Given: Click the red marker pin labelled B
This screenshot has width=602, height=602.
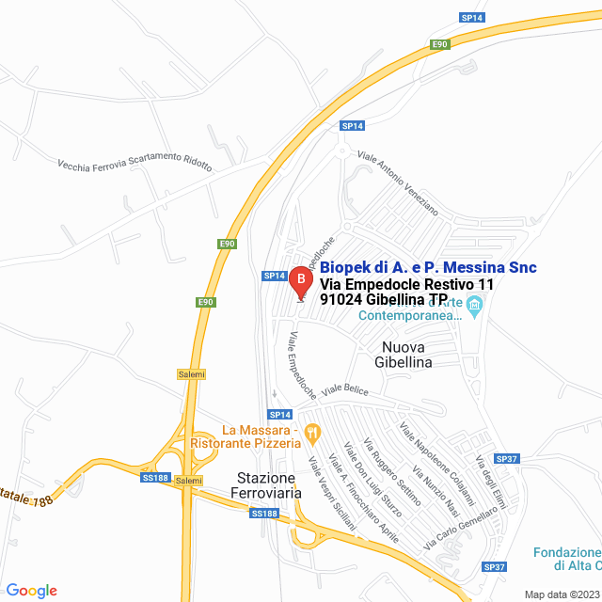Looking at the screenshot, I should (x=300, y=280).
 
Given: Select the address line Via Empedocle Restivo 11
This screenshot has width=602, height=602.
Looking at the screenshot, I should (x=406, y=284).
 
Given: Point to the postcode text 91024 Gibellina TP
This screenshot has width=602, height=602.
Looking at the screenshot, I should (x=384, y=300).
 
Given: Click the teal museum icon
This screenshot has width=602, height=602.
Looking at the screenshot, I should (x=475, y=305).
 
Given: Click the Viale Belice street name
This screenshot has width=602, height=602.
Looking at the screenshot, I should (x=345, y=388).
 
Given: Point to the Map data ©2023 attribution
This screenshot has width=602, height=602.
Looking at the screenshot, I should (x=561, y=594).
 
